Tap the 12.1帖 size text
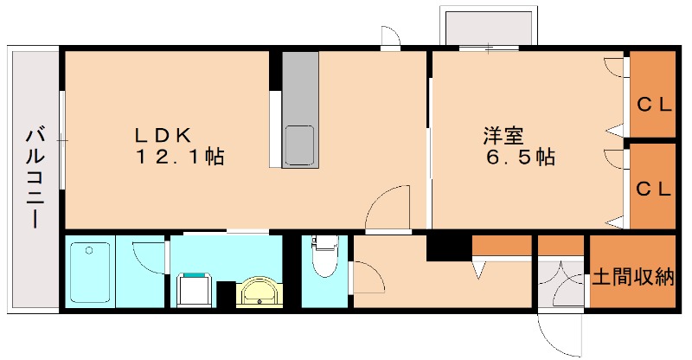[179, 158]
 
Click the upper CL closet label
[654, 106]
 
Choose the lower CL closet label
[654, 189]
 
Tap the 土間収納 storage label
[632, 279]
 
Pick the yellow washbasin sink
[258, 293]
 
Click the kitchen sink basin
[300, 144]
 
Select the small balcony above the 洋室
[488, 27]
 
